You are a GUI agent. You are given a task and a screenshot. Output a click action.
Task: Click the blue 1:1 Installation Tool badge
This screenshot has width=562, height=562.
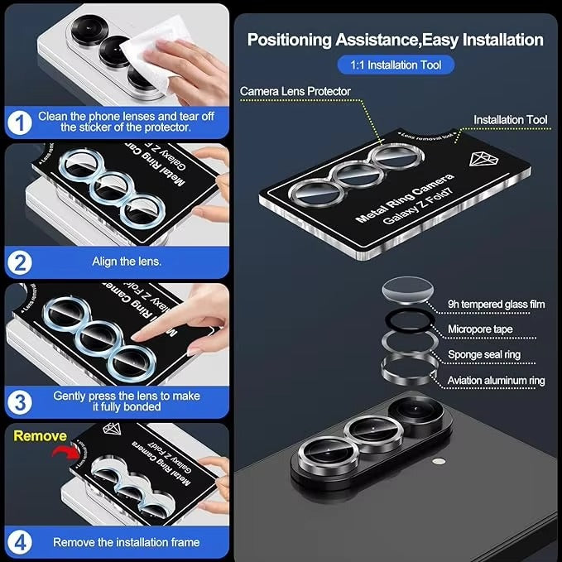pos(396,65)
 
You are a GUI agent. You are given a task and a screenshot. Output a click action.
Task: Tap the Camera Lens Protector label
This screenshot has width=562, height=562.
pos(295,91)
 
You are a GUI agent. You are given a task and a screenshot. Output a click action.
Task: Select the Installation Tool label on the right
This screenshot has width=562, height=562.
pos(510,120)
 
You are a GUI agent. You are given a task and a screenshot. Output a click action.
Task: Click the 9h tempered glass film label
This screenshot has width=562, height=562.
pos(496,304)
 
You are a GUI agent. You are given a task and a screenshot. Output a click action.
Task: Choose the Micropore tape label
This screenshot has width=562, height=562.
pos(480,329)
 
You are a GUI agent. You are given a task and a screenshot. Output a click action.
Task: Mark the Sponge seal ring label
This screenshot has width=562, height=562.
pos(485,354)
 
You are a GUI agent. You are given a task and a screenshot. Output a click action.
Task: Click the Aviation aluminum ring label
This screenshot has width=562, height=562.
pos(496,381)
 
